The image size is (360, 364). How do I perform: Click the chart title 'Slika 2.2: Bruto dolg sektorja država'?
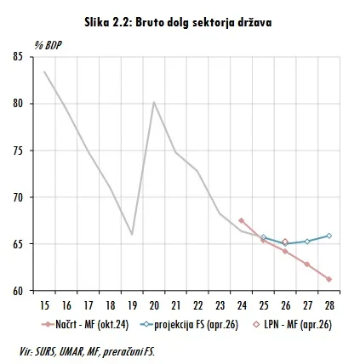tap(178, 23)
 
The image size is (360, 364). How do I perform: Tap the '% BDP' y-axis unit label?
tap(48, 45)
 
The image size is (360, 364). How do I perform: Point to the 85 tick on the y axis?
tap(18, 57)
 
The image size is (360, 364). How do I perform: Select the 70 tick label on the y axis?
tap(18, 197)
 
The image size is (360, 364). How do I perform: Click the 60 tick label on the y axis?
tap(18, 291)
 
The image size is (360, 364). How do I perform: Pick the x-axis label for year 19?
tap(132, 305)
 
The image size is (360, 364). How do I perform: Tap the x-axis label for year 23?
tap(220, 305)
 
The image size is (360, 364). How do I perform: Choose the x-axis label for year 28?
tap(329, 305)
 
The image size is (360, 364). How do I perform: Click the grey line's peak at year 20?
tap(154, 102)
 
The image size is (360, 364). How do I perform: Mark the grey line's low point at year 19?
tap(132, 234)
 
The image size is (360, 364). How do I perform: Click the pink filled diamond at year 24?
tap(242, 220)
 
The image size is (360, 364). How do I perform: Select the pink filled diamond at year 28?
tap(329, 279)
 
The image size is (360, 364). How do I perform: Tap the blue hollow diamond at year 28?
tap(329, 236)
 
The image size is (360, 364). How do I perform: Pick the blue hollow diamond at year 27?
tap(307, 242)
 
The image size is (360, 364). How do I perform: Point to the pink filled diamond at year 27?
tap(307, 264)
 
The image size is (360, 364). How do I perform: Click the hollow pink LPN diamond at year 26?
tap(285, 242)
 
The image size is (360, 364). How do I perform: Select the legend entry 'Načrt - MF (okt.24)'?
tap(85, 324)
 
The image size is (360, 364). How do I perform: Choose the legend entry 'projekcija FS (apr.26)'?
tap(189, 324)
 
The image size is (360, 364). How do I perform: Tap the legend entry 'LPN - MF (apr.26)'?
tap(292, 324)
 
